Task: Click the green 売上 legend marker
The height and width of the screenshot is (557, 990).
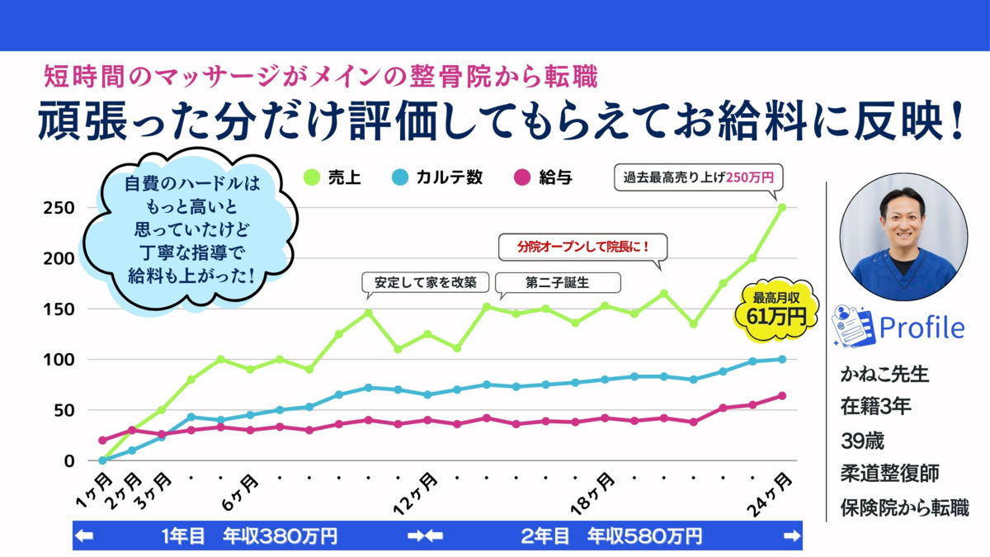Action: pos(311,177)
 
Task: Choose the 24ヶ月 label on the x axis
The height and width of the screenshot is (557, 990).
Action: pos(775,493)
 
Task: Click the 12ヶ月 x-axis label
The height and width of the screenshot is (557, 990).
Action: pos(416,493)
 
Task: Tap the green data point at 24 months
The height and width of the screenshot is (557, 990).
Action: pos(781,207)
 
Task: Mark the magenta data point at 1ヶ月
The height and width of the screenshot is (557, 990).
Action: pos(102,440)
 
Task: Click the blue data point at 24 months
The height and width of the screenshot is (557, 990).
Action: pos(781,359)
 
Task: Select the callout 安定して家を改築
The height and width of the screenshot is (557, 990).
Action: pos(426,282)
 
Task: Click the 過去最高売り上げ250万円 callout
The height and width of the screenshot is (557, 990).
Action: pos(697,177)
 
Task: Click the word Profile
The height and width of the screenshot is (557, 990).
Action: pos(921,328)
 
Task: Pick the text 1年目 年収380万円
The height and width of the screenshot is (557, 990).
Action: pos(249,536)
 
